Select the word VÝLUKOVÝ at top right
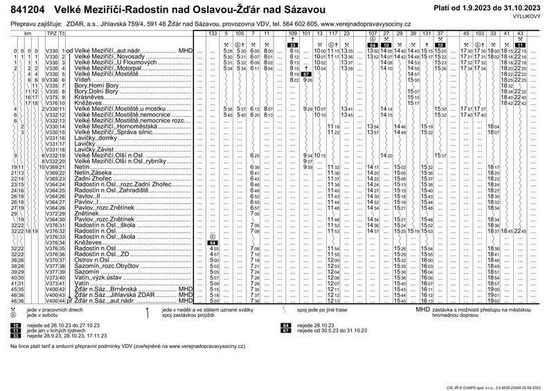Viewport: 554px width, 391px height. point(534,19)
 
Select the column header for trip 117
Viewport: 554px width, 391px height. point(332,33)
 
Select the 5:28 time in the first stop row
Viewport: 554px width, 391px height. point(228,52)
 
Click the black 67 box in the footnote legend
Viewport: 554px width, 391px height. point(285,330)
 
